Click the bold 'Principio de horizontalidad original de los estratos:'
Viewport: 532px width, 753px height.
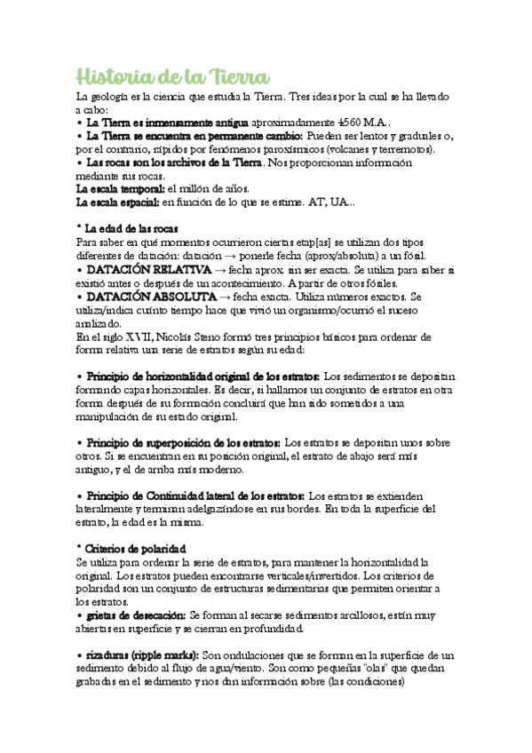pyautogui.click(x=203, y=377)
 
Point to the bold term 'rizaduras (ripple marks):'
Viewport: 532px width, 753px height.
pyautogui.click(x=142, y=654)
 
